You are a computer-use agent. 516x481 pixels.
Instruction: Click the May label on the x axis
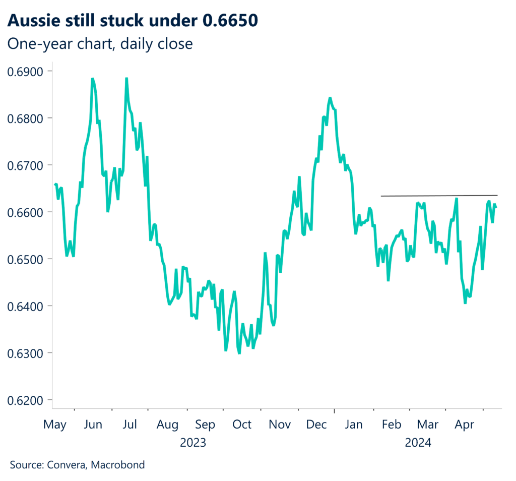(x=54, y=425)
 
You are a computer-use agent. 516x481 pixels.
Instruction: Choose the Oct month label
(x=242, y=425)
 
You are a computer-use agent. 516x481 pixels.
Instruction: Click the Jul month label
(x=130, y=425)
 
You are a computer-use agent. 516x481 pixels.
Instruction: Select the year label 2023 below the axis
(x=193, y=443)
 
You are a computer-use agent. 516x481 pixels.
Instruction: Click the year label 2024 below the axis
(x=418, y=443)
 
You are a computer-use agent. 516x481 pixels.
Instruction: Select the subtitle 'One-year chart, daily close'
(x=100, y=44)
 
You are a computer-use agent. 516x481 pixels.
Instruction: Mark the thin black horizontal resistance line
(x=438, y=196)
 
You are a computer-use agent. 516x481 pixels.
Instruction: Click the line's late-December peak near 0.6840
(x=330, y=98)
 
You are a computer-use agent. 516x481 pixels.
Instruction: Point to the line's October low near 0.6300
(x=239, y=353)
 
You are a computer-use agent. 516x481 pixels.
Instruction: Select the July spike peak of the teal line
(x=126, y=79)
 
